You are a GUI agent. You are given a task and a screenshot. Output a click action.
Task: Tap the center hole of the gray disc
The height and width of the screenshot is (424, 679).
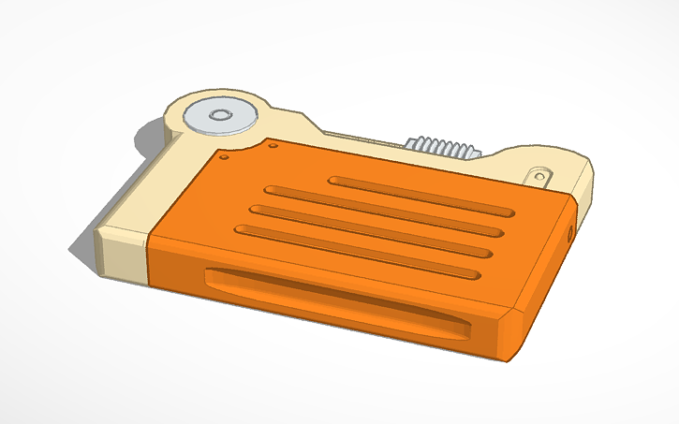pyautogui.click(x=221, y=116)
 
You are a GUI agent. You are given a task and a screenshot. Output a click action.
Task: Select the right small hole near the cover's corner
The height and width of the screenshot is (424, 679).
pyautogui.click(x=273, y=146)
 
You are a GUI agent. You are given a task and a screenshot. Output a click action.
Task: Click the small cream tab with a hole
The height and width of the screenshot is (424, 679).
pyautogui.click(x=540, y=174)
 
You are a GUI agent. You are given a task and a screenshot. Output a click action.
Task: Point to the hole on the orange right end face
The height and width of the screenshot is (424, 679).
pyautogui.click(x=571, y=231)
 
